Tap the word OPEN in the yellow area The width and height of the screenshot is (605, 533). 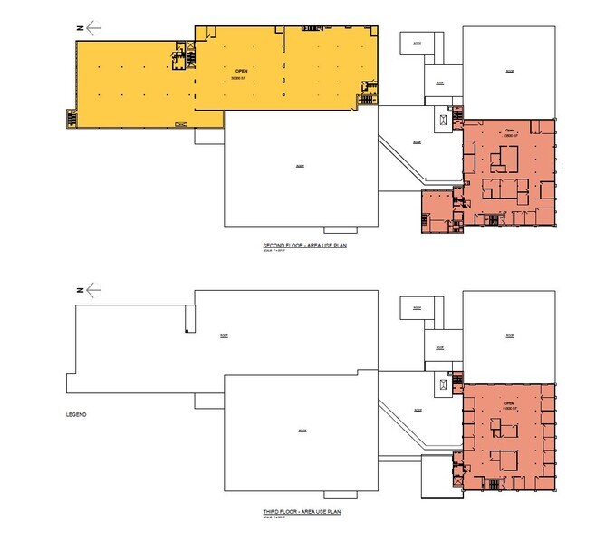pyautogui.click(x=241, y=70)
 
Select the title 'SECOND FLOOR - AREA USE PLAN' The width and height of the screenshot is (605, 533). pyautogui.click(x=300, y=247)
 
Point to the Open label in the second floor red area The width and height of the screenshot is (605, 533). pyautogui.click(x=508, y=130)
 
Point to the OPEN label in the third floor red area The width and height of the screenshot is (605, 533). pyautogui.click(x=508, y=403)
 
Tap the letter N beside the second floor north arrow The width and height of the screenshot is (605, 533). pyautogui.click(x=80, y=28)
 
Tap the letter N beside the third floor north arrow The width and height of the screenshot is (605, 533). pyautogui.click(x=80, y=290)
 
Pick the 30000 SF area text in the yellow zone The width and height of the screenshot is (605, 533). pyautogui.click(x=241, y=78)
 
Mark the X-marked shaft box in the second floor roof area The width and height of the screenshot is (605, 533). pyautogui.click(x=443, y=119)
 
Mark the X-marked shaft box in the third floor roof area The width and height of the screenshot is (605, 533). pyautogui.click(x=443, y=384)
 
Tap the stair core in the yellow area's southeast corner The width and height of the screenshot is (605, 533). pyautogui.click(x=368, y=96)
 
